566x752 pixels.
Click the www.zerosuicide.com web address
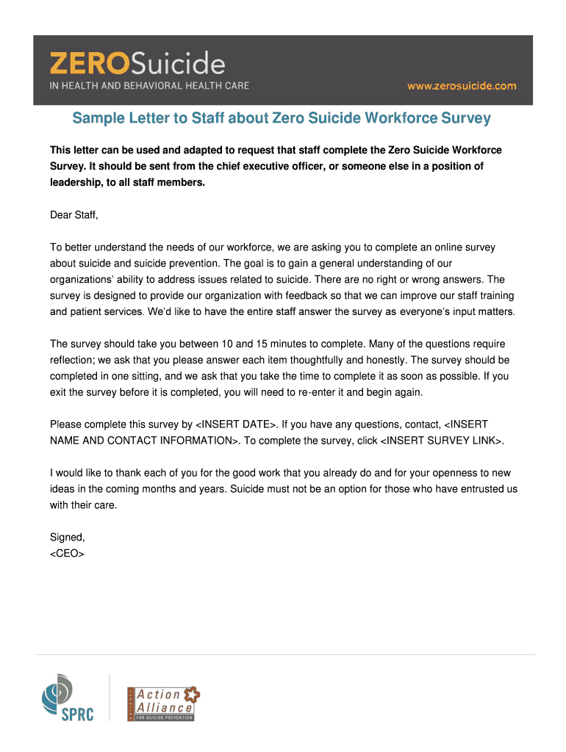[x=462, y=86]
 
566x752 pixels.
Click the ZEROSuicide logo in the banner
[x=137, y=64]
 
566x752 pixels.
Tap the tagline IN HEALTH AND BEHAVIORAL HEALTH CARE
[x=149, y=86]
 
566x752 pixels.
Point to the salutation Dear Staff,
[x=74, y=215]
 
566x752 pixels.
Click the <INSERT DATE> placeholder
[x=235, y=424]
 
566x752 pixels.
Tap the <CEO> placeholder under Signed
[x=67, y=553]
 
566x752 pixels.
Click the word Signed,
[x=68, y=537]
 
